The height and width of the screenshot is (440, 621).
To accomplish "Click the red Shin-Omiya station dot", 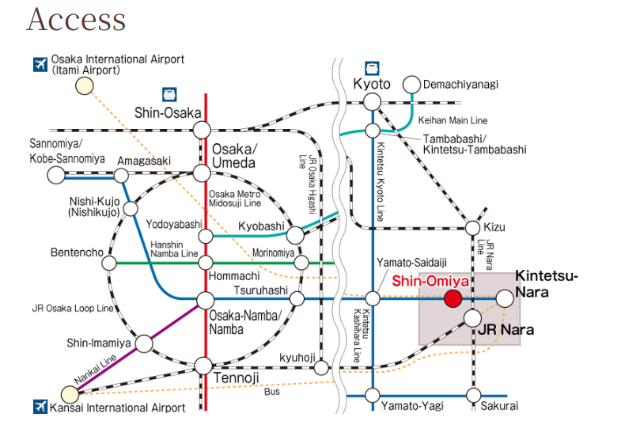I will click(x=452, y=298).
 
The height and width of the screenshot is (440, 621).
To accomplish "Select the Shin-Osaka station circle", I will click(x=203, y=129).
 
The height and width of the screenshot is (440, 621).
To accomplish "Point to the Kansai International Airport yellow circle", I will click(x=70, y=392).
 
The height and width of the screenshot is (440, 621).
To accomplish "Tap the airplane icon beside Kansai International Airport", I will click(x=40, y=407).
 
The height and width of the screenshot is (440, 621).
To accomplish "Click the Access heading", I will click(x=76, y=21).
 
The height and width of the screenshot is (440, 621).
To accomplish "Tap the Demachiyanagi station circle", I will click(x=411, y=85).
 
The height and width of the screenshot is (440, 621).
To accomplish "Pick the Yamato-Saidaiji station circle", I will click(x=373, y=298).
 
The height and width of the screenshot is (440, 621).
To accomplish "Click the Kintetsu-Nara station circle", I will click(x=505, y=298).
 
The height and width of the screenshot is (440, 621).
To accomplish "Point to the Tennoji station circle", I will click(x=203, y=365).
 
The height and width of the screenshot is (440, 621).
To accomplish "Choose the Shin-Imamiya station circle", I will click(x=144, y=343).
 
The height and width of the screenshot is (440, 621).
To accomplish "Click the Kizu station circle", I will click(x=473, y=227).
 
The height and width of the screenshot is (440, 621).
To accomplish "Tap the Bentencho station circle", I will click(x=109, y=263).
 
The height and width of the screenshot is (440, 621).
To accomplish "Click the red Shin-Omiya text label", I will click(x=430, y=280).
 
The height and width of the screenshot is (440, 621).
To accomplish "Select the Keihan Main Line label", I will click(x=455, y=120).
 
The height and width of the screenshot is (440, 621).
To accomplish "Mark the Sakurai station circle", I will click(x=473, y=395).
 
